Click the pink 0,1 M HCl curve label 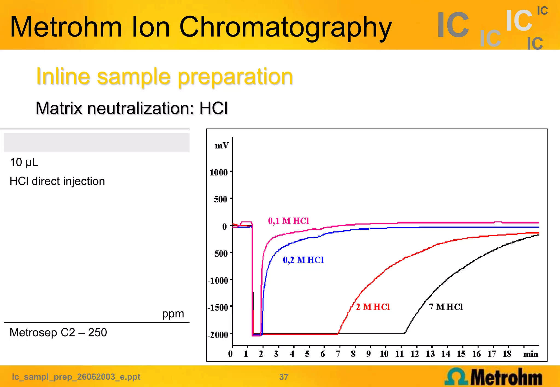point(288,221)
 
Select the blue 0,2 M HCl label point(303,260)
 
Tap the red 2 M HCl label point(373,307)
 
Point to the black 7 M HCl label point(446,307)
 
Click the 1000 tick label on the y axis point(219,172)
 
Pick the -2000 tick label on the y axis point(218,335)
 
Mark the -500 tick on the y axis point(219,254)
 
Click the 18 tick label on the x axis point(507,354)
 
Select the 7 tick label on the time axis point(338,354)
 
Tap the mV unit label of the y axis point(221,146)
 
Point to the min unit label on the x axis point(530,354)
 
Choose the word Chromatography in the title point(285,27)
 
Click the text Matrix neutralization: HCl point(132,108)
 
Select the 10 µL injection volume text point(24,162)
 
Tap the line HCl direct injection point(57,181)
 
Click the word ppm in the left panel point(173,314)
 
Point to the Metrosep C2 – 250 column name point(58,333)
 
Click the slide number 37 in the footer point(284,377)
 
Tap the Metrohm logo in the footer point(493,377)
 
